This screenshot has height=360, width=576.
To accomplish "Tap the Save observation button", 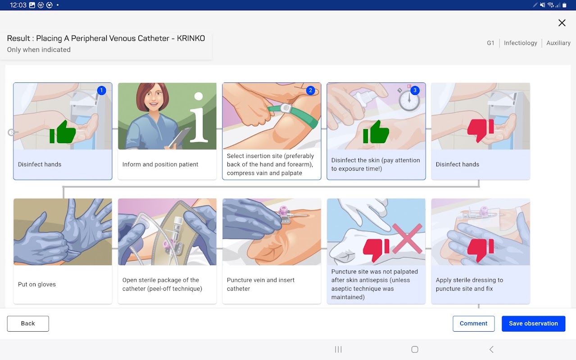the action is click(x=533, y=324).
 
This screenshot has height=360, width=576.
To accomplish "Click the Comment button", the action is click(x=473, y=324).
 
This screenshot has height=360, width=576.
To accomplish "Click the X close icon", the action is click(x=562, y=23).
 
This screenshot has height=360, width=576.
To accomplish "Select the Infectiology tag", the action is click(x=521, y=43).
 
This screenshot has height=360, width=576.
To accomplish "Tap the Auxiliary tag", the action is click(x=558, y=43).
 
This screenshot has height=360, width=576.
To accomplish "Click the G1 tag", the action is click(x=490, y=43).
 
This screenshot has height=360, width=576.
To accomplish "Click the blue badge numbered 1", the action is click(x=102, y=90).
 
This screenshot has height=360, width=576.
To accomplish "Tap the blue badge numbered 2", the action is click(x=311, y=90).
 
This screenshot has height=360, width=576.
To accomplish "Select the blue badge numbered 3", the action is click(x=415, y=90).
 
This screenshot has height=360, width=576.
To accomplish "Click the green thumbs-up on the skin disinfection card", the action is click(x=376, y=132).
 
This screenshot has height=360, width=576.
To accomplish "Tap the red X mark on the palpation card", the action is click(x=407, y=238).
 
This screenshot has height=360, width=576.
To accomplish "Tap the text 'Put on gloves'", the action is click(x=37, y=284).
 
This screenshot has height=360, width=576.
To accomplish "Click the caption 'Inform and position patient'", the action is click(x=160, y=164).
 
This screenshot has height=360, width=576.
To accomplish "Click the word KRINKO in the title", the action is click(x=191, y=38).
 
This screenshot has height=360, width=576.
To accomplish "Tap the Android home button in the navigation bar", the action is click(x=414, y=350).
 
